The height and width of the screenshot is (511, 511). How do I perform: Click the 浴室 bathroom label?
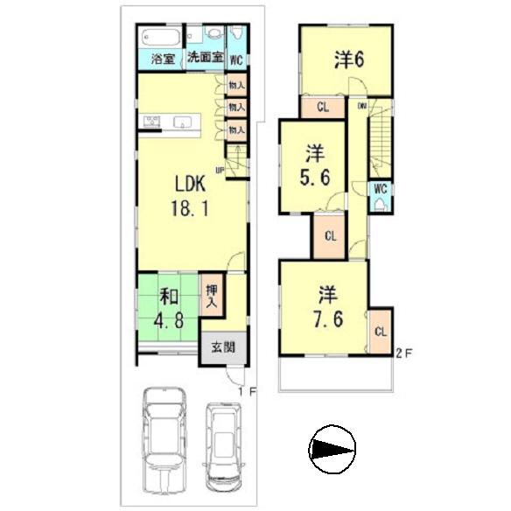pos(163,60)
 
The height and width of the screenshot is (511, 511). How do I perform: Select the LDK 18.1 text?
pos(189,197)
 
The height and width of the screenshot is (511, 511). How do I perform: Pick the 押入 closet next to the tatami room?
pos(212,297)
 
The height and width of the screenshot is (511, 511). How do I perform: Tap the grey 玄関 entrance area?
pos(222,346)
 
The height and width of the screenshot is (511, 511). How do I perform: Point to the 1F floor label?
pos(248,393)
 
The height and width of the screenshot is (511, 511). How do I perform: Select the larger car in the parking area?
pos(166,430)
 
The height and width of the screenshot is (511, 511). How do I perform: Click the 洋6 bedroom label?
pos(348,59)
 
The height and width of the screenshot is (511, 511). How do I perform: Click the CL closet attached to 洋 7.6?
pos(381,332)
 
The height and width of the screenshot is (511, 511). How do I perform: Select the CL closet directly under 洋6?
pos(323,108)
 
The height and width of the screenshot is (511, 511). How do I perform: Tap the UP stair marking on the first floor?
pos(220,170)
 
